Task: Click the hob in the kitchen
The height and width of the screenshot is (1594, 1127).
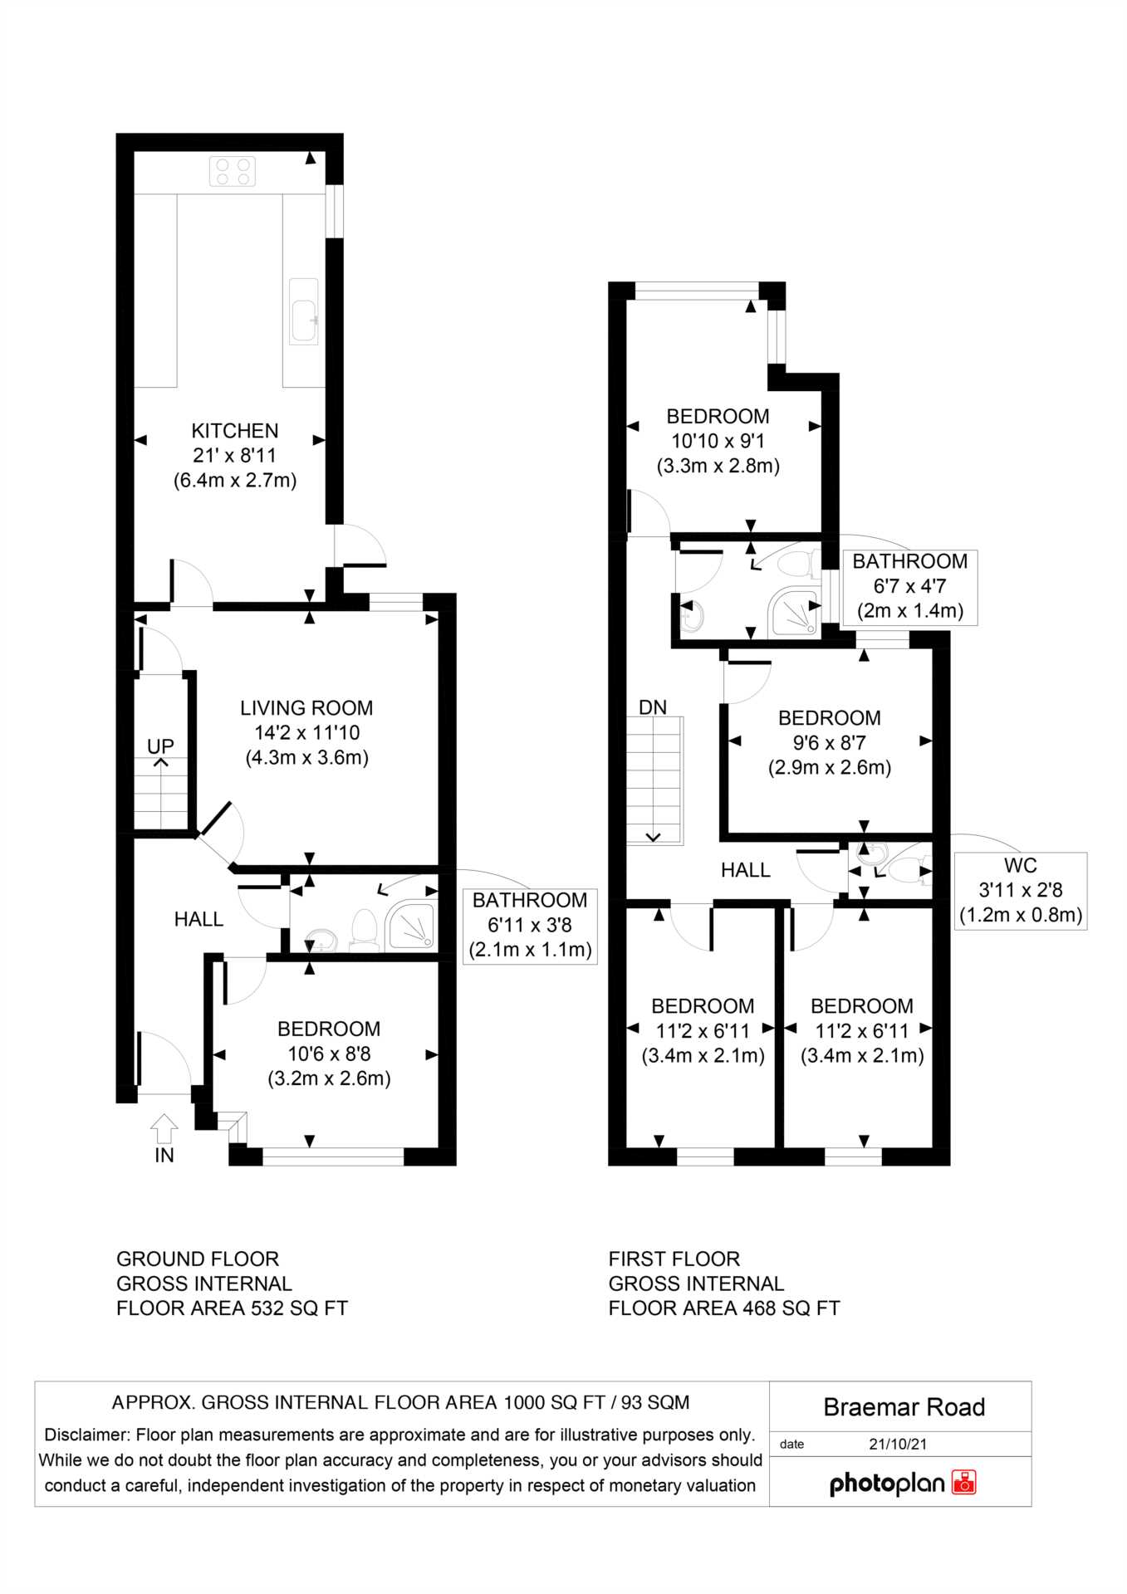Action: tap(233, 172)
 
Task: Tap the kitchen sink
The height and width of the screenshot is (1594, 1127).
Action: tap(304, 310)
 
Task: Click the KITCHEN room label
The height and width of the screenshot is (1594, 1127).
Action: tap(235, 431)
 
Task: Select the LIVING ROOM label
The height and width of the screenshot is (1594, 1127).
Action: tap(306, 708)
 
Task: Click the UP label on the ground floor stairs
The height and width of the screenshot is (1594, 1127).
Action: tap(160, 746)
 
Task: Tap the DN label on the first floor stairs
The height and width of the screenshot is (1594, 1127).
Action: tap(653, 707)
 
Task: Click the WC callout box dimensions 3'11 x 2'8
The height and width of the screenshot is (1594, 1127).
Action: tap(1021, 890)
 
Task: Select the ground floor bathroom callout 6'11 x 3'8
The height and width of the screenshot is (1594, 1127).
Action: tap(530, 925)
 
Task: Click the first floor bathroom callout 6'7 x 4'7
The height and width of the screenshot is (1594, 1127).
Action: tap(909, 586)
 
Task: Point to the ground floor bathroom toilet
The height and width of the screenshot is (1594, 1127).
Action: tap(365, 930)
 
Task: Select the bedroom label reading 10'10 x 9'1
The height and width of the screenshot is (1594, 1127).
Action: tap(718, 441)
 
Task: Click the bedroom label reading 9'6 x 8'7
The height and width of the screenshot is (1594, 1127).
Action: tap(830, 743)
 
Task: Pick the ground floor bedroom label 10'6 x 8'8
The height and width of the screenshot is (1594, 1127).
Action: tap(329, 1054)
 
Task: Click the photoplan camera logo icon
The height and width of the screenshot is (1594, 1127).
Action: tap(964, 1482)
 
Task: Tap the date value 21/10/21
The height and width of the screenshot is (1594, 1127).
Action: tap(898, 1444)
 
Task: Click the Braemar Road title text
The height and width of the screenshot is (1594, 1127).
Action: tap(904, 1407)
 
